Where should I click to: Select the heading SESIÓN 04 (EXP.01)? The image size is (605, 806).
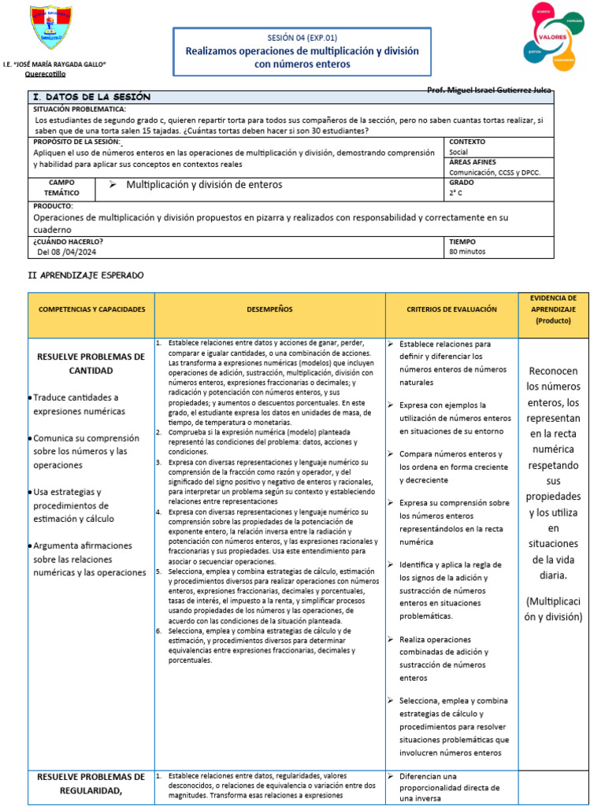(302, 37)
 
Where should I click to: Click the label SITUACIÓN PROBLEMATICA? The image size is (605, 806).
(80, 109)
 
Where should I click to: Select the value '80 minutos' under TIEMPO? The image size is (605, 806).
(467, 252)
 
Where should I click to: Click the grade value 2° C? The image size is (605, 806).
(455, 192)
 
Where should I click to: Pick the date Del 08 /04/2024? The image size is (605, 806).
(68, 252)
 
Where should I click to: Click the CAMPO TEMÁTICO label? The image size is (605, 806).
(61, 187)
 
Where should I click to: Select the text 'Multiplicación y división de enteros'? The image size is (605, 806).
(204, 185)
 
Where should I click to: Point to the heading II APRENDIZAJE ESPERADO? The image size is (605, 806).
(86, 275)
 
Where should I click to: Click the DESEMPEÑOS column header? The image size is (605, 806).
(269, 309)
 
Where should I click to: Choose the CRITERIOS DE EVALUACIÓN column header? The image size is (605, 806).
(451, 309)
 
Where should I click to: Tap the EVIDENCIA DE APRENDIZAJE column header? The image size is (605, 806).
(553, 309)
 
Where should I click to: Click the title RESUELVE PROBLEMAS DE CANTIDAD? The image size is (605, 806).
(91, 364)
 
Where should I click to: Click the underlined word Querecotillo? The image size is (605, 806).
(46, 73)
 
